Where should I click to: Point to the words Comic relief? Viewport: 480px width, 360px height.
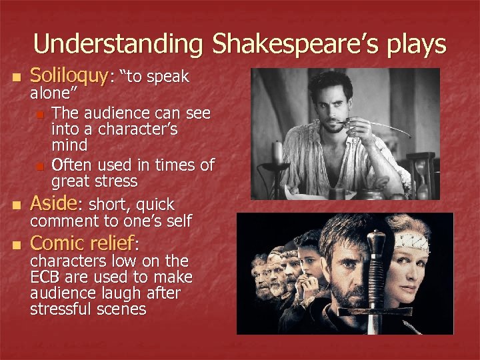coord(83,243)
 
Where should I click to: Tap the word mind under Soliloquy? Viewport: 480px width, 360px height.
coord(69,145)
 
